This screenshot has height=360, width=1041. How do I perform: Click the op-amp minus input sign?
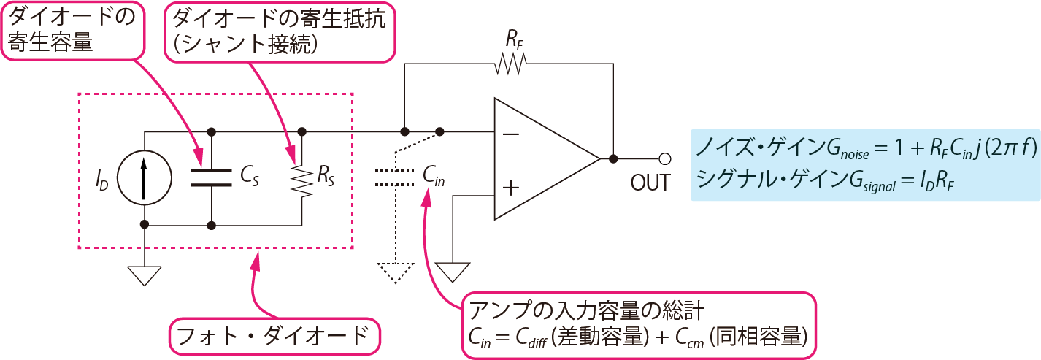click(x=512, y=134)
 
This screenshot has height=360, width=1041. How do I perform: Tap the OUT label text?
click(x=650, y=182)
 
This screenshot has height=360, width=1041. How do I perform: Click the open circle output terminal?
click(x=664, y=158)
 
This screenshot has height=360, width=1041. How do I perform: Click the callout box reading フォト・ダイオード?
click(x=275, y=337)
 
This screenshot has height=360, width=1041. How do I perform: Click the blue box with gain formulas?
click(x=865, y=165)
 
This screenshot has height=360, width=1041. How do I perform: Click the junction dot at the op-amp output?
click(x=613, y=158)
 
